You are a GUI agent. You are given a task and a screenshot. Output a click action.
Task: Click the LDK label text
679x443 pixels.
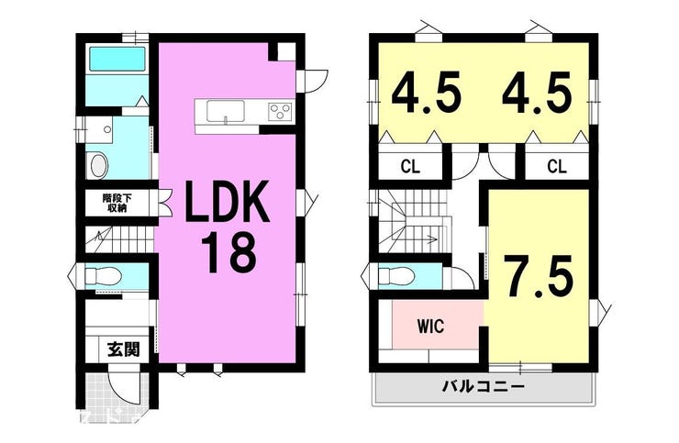(228, 202)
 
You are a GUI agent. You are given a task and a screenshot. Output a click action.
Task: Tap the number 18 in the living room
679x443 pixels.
(229, 252)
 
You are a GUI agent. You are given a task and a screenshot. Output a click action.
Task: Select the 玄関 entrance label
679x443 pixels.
(124, 349)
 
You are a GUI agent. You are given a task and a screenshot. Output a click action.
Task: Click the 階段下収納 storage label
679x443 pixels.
(115, 203)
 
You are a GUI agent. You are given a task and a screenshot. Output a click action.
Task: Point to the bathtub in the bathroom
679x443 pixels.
(117, 59)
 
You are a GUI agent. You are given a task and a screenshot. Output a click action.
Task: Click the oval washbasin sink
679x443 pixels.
(100, 164)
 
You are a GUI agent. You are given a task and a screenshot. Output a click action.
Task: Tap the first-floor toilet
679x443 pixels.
(102, 276)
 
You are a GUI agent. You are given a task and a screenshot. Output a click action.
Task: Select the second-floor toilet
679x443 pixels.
(395, 275)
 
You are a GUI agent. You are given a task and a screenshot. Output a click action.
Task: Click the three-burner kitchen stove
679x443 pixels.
(280, 111)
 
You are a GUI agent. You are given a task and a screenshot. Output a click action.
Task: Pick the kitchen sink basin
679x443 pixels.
(226, 111)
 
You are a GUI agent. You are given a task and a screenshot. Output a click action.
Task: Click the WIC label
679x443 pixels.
(430, 326)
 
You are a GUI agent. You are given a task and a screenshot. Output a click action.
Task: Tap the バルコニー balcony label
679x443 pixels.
(483, 386)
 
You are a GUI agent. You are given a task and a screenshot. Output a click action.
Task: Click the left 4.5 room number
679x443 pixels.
(425, 95)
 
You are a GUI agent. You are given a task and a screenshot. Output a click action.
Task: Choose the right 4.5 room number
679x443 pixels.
(537, 95)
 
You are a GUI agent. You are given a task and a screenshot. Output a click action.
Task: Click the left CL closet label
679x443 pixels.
(410, 166)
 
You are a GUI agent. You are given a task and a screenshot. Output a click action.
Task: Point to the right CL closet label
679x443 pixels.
(556, 166)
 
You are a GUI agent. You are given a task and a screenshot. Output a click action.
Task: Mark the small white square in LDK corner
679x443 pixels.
(286, 51)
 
